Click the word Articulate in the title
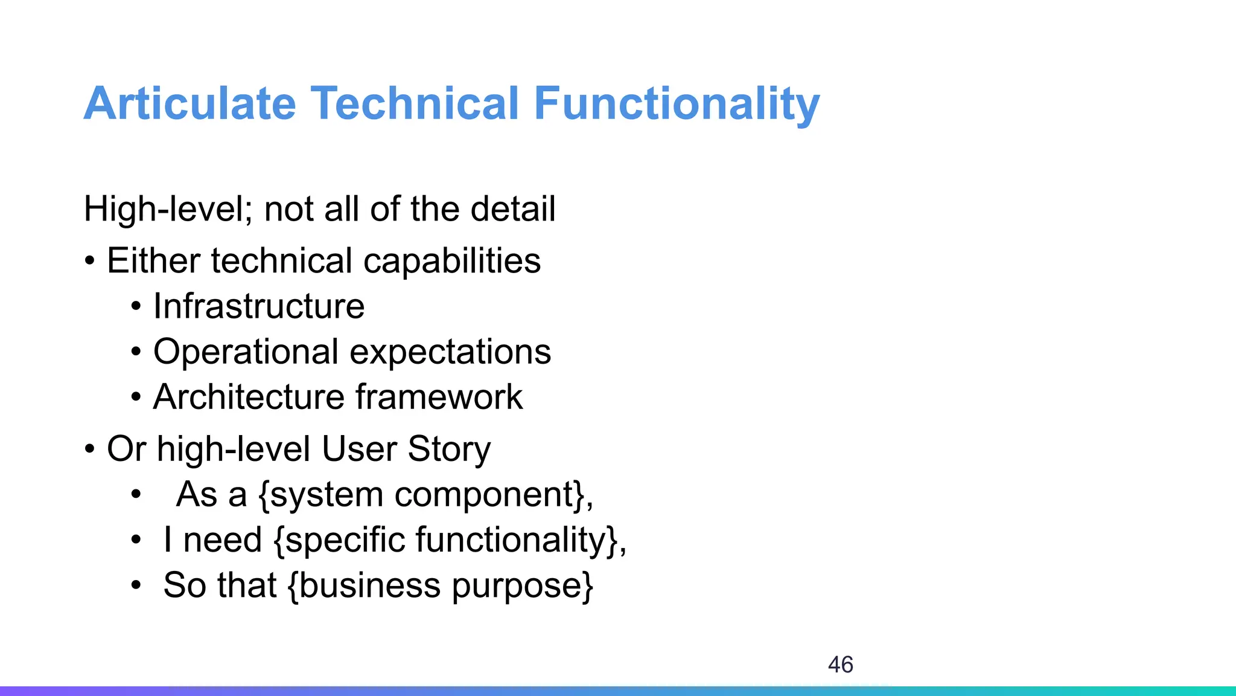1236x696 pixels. click(190, 104)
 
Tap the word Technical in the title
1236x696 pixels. click(415, 104)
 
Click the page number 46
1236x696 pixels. click(840, 665)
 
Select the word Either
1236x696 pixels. click(153, 261)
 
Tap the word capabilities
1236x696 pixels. click(452, 261)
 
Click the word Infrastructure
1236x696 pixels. click(259, 306)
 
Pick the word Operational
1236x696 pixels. click(246, 352)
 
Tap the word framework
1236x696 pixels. click(439, 397)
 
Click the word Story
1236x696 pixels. click(449, 449)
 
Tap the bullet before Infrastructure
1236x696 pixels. click(136, 307)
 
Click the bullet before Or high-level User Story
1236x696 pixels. click(90, 449)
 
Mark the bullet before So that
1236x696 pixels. click(136, 585)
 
